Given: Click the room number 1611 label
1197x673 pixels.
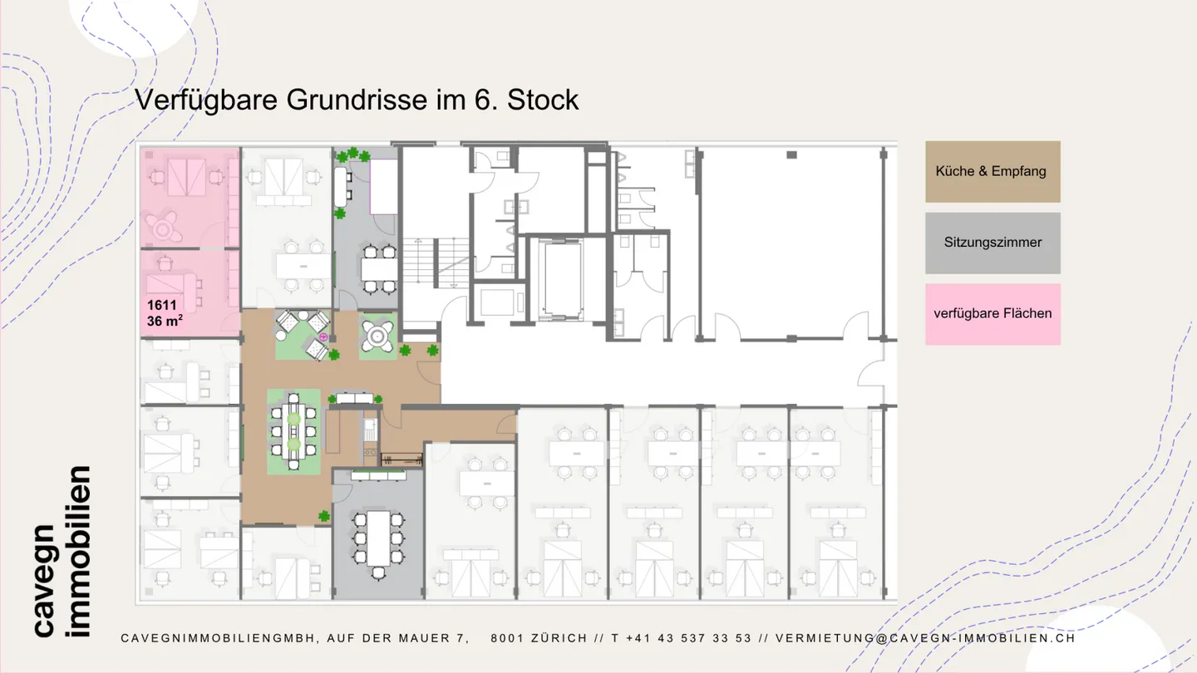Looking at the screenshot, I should coord(162,305).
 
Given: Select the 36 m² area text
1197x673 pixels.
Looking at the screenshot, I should coord(165,321).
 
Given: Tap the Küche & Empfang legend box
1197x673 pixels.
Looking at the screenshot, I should coord(993,171).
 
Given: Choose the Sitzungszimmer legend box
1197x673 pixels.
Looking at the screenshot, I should coord(993,243).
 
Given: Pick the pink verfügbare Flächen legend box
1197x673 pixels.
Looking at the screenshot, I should coord(993,313).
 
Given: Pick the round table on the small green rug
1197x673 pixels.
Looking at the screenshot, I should coord(378,336).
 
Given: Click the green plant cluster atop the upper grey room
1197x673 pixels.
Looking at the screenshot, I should coord(352,155).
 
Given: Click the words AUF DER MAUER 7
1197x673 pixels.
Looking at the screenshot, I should coord(398,638).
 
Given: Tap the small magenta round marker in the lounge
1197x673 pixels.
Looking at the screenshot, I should coord(323,336).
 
